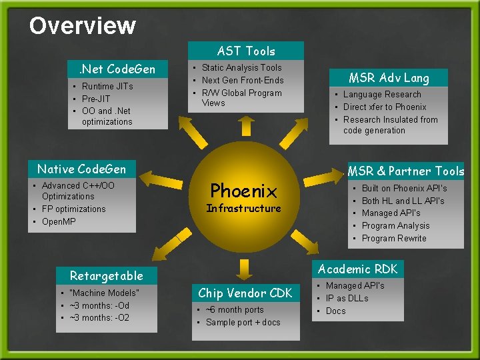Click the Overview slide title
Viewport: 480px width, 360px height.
point(83,25)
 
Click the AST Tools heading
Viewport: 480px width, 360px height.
point(246,51)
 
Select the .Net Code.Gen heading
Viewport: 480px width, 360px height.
point(117,69)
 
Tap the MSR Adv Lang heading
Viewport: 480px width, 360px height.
point(389,77)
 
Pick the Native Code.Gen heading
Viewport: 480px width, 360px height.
point(81,169)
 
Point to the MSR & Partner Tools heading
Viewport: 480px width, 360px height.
point(406,171)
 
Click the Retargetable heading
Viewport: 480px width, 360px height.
point(106,275)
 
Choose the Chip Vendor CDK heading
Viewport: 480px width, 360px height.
point(245,293)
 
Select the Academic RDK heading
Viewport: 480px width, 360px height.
point(357,269)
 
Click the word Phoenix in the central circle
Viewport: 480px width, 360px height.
point(243,191)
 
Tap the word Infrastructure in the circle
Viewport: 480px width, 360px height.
point(243,209)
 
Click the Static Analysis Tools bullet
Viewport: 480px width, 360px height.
point(241,67)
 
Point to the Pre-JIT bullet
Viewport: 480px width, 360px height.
point(96,99)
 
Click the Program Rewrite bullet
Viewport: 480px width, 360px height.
point(393,238)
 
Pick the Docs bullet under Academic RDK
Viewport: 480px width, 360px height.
point(335,311)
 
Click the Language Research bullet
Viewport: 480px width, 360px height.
point(382,95)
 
